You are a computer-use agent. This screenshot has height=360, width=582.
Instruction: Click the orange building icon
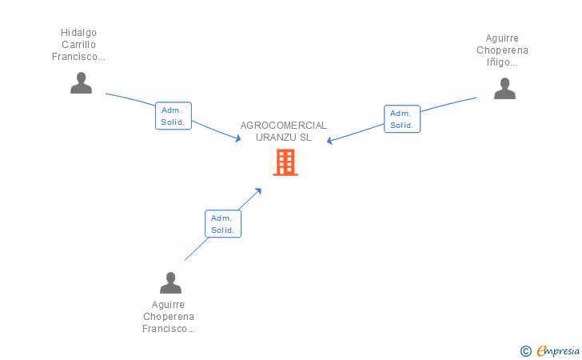tap(285, 162)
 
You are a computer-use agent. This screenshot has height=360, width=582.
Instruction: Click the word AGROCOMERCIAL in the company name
tap(284, 126)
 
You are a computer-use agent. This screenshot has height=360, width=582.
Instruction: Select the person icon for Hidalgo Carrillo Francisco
tap(81, 83)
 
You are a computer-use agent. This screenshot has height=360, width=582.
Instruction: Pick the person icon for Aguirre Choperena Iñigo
tap(504, 89)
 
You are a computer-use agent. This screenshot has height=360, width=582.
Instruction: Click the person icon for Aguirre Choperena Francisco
tap(170, 283)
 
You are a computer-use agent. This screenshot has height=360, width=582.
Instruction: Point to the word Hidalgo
tap(78, 33)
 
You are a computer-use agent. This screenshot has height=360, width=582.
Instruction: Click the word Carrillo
tap(78, 45)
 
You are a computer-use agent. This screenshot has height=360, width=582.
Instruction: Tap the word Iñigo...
tap(502, 62)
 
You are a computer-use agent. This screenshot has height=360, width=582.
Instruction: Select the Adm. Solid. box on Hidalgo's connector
tap(173, 116)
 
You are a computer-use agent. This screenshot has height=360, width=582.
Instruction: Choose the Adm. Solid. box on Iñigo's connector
tap(401, 118)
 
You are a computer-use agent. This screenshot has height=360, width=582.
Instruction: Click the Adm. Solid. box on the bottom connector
tap(222, 223)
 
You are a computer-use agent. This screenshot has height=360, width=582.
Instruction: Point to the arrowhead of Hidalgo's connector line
tap(237, 139)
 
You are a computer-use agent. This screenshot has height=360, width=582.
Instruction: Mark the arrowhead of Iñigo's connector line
tap(329, 142)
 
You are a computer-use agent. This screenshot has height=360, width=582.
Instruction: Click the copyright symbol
tap(525, 350)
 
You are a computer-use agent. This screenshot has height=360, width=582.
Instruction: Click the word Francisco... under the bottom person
tap(169, 329)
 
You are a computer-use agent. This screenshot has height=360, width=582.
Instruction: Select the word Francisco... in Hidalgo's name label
tap(78, 57)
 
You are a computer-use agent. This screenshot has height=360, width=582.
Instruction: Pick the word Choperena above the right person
tap(502, 50)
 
